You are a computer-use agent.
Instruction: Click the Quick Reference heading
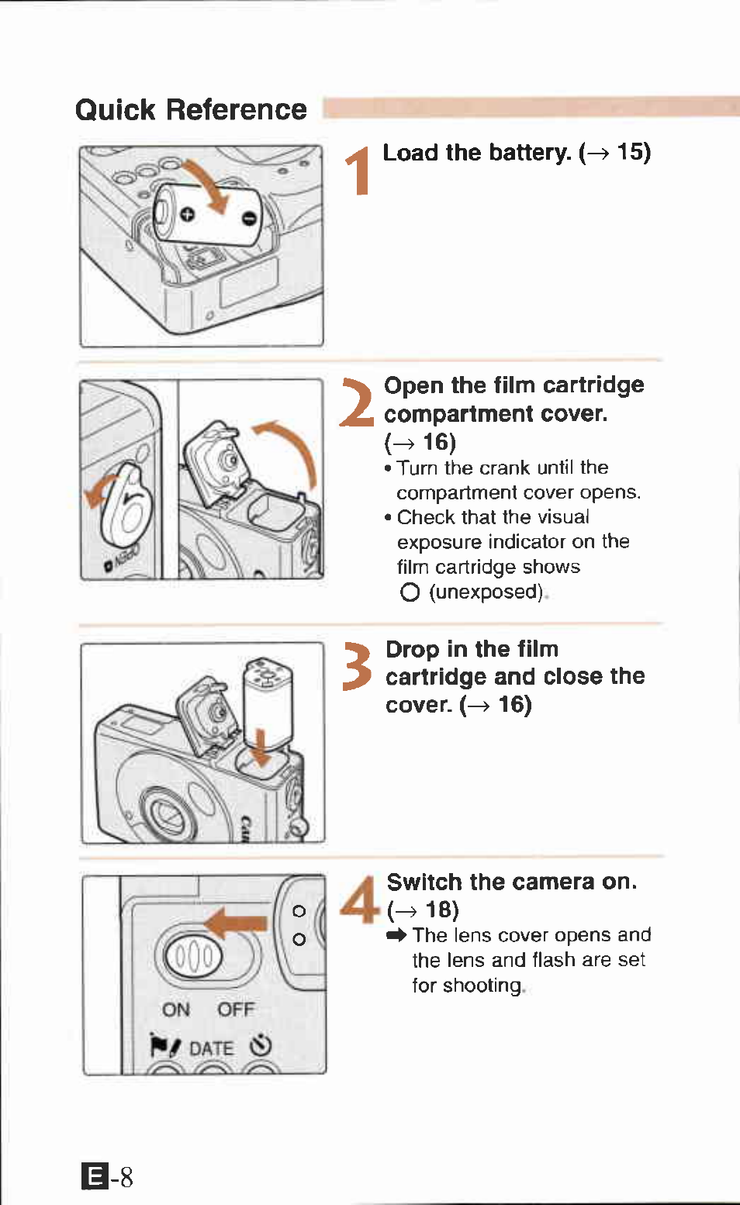[191, 110]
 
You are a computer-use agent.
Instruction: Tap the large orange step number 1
[358, 171]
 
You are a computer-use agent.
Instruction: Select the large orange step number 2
[358, 402]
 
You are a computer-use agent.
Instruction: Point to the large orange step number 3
[358, 666]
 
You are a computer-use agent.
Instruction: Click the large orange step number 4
[359, 899]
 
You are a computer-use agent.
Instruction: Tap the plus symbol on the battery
[187, 214]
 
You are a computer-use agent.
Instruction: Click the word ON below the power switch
[176, 1010]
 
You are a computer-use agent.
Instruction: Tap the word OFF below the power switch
[236, 1010]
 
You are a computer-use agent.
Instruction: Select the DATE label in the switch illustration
[211, 1048]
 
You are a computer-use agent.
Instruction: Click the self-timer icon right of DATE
[261, 1046]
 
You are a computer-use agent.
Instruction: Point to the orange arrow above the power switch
[236, 923]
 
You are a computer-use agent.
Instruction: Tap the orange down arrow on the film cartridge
[261, 749]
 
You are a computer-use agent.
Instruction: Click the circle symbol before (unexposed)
[410, 592]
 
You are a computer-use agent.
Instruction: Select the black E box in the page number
[95, 1176]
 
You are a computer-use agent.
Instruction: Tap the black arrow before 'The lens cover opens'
[396, 935]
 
